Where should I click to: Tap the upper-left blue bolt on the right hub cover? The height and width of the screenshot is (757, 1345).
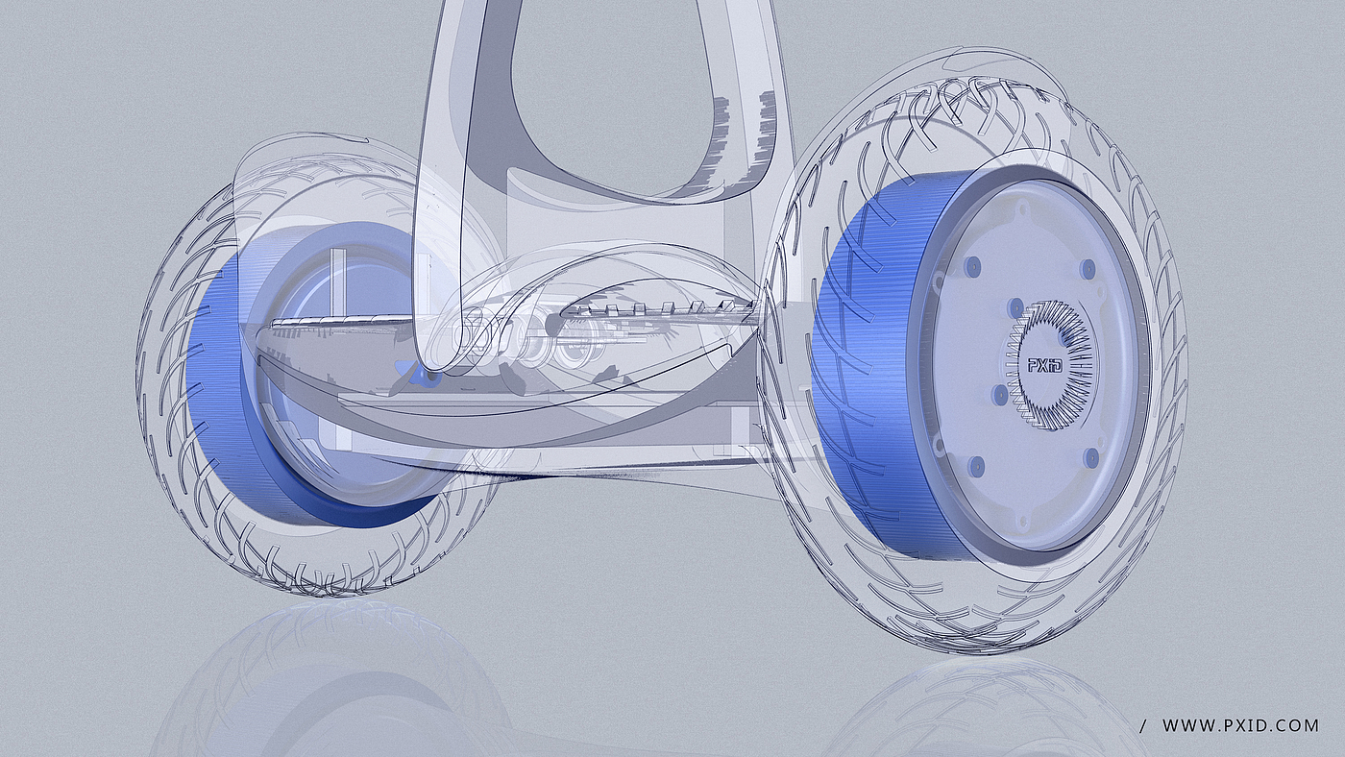coord(972,264)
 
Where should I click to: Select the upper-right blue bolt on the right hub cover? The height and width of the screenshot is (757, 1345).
coord(1087,266)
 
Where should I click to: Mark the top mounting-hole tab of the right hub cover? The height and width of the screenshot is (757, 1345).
coord(1020,210)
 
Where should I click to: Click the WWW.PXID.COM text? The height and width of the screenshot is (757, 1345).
coord(1240,725)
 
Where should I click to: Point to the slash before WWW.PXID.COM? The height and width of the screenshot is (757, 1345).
coord(1141,726)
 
